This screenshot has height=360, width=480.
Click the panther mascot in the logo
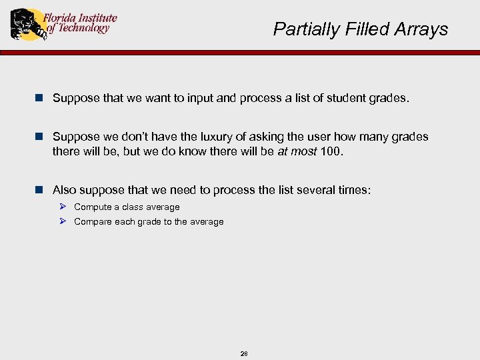tap(26, 24)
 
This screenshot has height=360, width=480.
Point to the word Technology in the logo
tap(83, 29)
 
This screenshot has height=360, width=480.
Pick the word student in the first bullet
tap(342, 99)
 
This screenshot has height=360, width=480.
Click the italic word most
tap(303, 151)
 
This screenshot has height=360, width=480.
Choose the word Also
tap(65, 190)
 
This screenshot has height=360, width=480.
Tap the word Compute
tap(92, 207)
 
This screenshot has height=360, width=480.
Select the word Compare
tap(93, 222)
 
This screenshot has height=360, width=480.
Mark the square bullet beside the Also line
tap(39, 190)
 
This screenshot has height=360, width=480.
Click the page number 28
tap(243, 354)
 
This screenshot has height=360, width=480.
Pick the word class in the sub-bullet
tap(133, 207)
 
